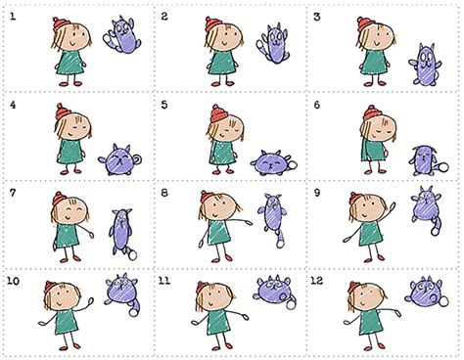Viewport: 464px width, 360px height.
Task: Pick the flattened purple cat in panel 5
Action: pos(269,159)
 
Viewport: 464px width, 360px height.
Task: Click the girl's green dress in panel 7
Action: pos(66,238)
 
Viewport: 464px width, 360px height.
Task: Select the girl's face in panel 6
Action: pos(375,128)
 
